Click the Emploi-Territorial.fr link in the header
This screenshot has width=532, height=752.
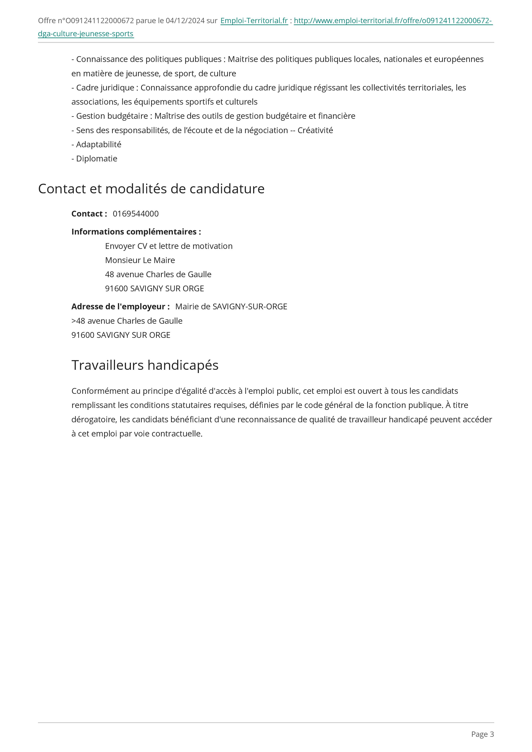[x=254, y=21]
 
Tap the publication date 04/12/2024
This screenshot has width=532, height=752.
[x=185, y=21]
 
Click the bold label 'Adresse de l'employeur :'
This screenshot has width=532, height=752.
[x=120, y=307]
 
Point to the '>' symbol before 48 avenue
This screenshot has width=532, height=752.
[x=73, y=321]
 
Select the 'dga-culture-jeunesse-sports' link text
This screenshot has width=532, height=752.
[x=86, y=34]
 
